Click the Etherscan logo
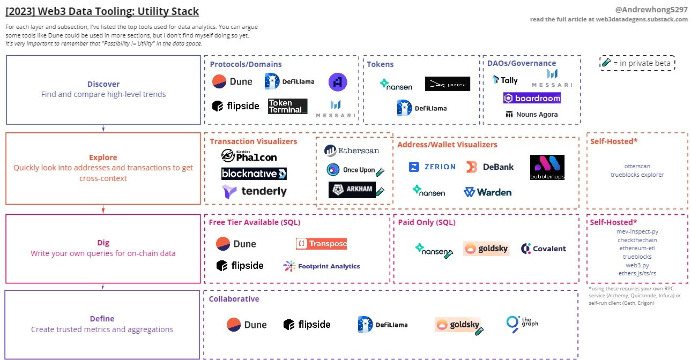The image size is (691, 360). click(x=352, y=151)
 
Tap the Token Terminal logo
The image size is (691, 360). click(x=287, y=106)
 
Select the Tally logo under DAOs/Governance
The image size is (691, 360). click(x=505, y=80)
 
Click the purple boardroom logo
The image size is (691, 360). click(x=532, y=98)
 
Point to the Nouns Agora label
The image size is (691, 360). click(x=531, y=114)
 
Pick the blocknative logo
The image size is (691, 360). click(x=254, y=174)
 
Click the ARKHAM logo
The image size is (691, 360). click(x=352, y=190)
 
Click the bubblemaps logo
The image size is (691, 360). click(x=547, y=167)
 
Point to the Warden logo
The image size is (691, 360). click(x=487, y=192)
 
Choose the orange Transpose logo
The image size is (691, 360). click(x=321, y=244)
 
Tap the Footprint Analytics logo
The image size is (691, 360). click(x=322, y=266)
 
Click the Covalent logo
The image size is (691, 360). click(x=543, y=249)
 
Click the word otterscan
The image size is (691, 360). click(x=637, y=166)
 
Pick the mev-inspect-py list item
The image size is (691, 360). click(x=637, y=231)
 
